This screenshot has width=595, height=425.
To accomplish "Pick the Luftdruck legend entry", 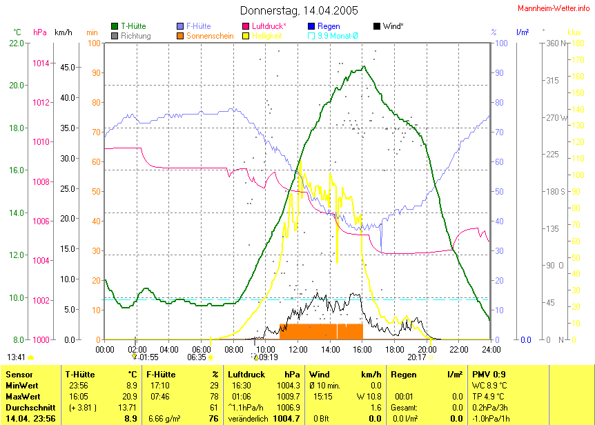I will pos(269,26).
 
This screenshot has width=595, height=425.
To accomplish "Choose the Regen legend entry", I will pos(329,26).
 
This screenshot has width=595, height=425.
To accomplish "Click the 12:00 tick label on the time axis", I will pos(297,349).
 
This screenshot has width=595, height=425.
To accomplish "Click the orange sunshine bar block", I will pos(321,331).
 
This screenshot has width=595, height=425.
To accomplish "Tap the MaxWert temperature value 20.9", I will pos(130,396).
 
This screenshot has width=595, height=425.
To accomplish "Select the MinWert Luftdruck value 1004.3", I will pos(289,385).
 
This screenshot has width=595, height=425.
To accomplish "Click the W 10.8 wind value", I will pos(370,396).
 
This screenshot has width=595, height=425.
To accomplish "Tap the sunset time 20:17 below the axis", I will pos(416,357).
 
